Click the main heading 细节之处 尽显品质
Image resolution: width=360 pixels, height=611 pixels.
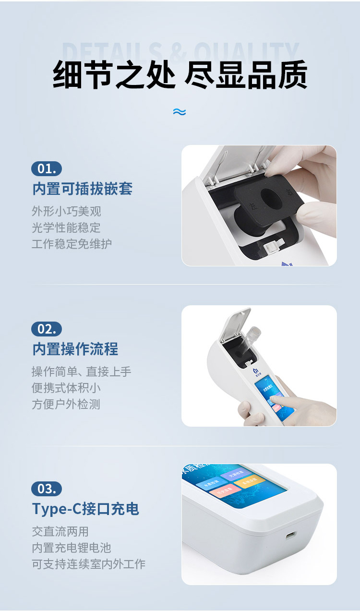coord(180,75)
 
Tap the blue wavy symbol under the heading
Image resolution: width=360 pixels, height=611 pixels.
coord(179,112)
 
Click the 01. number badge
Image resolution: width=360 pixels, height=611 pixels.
coord(47,168)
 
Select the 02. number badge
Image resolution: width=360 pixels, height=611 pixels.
coord(47,329)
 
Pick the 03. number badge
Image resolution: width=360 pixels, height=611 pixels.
coord(47,489)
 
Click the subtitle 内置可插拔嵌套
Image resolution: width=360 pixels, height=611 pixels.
coord(82,189)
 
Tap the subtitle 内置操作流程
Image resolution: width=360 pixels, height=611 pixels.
coord(75,349)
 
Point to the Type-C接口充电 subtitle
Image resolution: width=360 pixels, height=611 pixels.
coord(85,509)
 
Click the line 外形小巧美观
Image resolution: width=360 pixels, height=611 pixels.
coord(66,211)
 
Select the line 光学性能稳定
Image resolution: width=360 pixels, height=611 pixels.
coord(66,228)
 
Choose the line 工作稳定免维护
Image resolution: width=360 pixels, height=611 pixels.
coord(72,243)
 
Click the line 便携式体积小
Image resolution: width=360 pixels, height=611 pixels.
coord(66,388)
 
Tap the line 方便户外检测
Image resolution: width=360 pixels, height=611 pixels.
coord(66,404)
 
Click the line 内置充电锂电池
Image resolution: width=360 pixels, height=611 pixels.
coord(72,548)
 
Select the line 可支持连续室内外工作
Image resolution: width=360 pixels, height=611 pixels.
coord(88,564)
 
